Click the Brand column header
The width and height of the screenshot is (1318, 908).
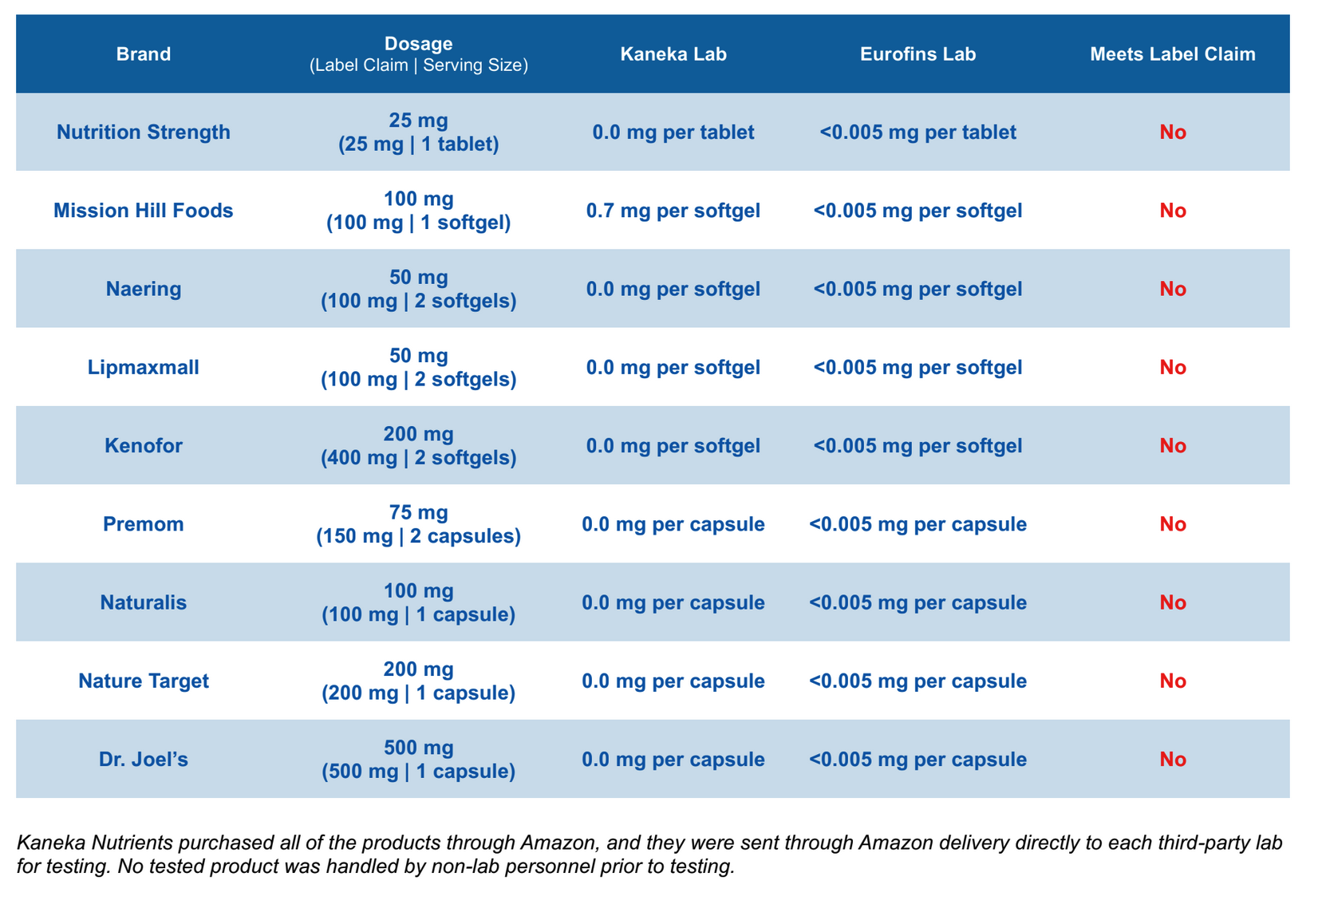pos(144,54)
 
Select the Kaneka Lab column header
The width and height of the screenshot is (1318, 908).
pos(673,54)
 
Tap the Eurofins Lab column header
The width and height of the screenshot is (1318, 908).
pos(917,54)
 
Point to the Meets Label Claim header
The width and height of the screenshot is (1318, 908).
pos(1172,54)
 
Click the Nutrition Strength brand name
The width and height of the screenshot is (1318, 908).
pos(144,132)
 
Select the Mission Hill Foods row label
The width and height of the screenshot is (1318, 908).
pos(144,211)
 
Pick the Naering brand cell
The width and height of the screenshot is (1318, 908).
pos(144,289)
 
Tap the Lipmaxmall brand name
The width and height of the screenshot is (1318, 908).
pos(144,368)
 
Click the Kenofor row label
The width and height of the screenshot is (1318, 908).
pos(144,446)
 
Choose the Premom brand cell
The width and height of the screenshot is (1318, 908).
pos(144,524)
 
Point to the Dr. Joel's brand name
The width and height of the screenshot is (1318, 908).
pos(144,760)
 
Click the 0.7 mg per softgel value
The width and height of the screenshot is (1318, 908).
pos(673,211)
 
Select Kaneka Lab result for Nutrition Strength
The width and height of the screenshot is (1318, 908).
pos(673,132)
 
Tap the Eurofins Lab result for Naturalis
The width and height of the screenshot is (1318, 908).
pos(917,602)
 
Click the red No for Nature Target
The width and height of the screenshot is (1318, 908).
pos(1172,681)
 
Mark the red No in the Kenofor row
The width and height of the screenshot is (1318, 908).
pos(1172,446)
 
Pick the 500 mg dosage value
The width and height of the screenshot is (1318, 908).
pos(419,748)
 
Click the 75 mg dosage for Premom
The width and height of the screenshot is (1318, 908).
pos(419,513)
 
